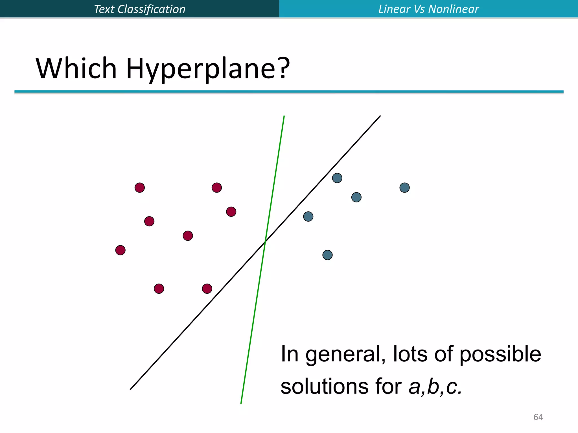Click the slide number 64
538,417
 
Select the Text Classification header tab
139,9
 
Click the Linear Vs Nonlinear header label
428,9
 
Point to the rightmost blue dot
404,187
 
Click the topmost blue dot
337,178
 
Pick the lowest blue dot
327,255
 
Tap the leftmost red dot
121,250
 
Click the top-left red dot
140,187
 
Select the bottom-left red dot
159,289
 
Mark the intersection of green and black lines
265,241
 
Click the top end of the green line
284,116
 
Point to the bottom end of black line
131,389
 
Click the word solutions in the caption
324,386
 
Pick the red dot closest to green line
231,211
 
